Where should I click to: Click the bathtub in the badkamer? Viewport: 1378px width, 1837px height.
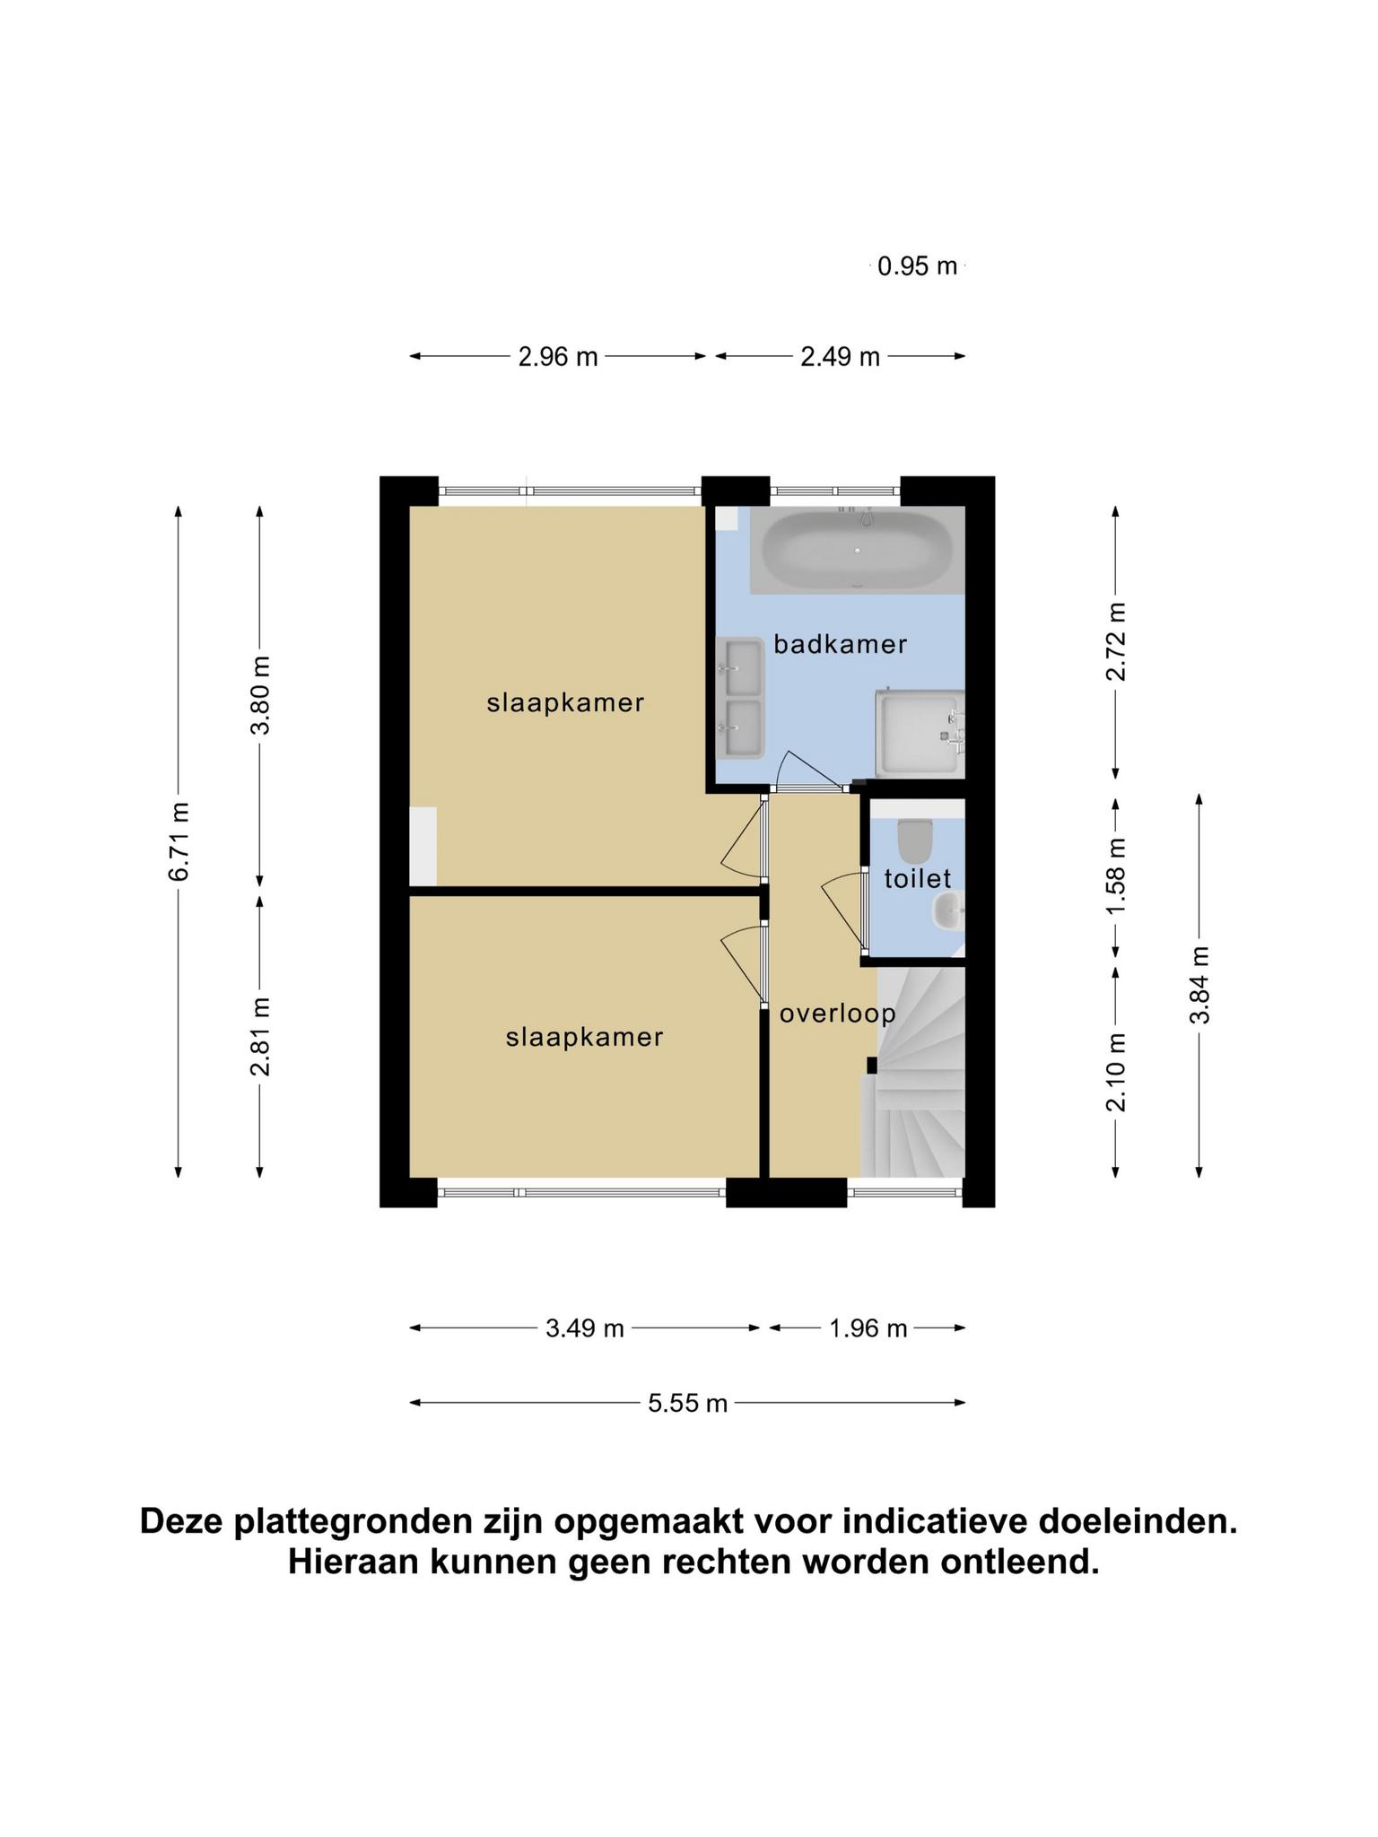[857, 549]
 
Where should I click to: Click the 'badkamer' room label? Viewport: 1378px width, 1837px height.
[841, 644]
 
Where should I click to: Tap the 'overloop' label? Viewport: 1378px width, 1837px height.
[838, 1014]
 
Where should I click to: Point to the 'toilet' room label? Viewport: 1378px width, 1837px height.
[918, 877]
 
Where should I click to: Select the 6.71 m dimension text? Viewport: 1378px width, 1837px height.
[179, 840]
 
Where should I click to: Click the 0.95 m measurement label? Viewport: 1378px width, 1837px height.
[918, 266]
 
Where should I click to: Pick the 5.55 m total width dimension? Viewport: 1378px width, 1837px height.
[687, 1403]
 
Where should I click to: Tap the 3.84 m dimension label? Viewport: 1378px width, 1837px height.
[1199, 984]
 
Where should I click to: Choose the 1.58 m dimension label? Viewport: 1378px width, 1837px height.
[1115, 876]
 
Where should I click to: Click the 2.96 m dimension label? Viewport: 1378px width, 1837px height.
[558, 357]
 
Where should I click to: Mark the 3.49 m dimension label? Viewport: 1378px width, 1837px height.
[585, 1328]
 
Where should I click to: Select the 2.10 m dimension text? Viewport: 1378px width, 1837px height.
[1115, 1072]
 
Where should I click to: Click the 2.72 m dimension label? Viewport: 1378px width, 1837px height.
[1115, 641]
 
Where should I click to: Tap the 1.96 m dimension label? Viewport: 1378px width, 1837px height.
[868, 1328]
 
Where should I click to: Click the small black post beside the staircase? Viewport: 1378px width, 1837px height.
[871, 1065]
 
